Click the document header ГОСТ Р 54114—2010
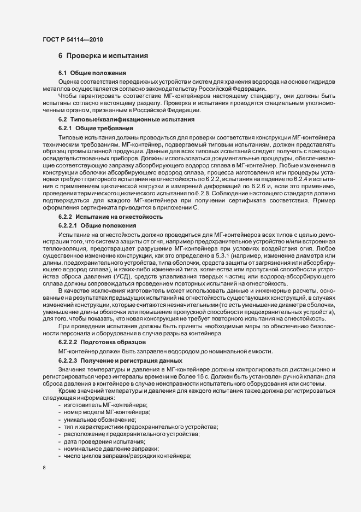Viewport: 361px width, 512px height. point(72,40)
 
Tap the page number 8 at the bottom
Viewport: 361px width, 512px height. point(44,468)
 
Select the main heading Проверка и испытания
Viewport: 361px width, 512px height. point(104,56)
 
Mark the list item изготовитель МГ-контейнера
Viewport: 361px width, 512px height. point(102,404)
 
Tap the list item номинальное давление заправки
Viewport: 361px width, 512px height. point(107,449)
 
